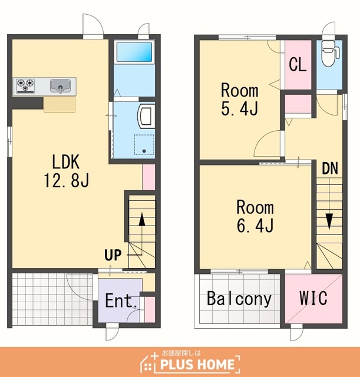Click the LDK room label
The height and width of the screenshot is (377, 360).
tap(66, 162)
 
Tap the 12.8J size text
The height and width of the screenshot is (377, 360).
tap(67, 180)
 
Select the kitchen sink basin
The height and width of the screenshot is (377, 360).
tap(60, 87)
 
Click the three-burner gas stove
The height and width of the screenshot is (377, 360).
tap(25, 85)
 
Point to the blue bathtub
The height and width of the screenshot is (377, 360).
tap(134, 52)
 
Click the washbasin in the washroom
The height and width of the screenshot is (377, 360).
tap(146, 116)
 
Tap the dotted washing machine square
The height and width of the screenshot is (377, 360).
tap(144, 144)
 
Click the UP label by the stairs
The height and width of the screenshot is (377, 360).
tap(113, 255)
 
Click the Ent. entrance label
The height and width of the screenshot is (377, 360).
tap(121, 300)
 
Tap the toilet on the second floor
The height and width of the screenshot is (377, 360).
tap(330, 54)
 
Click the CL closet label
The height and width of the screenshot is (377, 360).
tap(298, 64)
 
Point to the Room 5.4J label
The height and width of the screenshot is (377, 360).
tap(240, 99)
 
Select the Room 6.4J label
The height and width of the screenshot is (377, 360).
tap(255, 216)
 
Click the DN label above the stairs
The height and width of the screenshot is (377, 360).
tap(330, 168)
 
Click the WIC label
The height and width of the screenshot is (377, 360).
tap(313, 298)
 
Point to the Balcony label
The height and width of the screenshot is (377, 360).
tap(239, 299)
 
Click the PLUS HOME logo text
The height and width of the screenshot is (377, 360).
tap(197, 364)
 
